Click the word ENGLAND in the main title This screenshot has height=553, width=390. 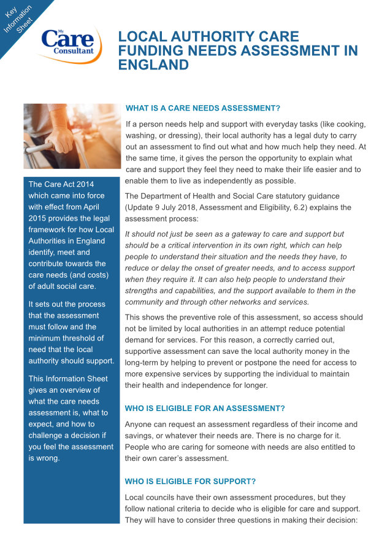pyautogui.click(x=153, y=65)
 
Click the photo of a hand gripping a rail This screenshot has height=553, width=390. pyautogui.click(x=72, y=136)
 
